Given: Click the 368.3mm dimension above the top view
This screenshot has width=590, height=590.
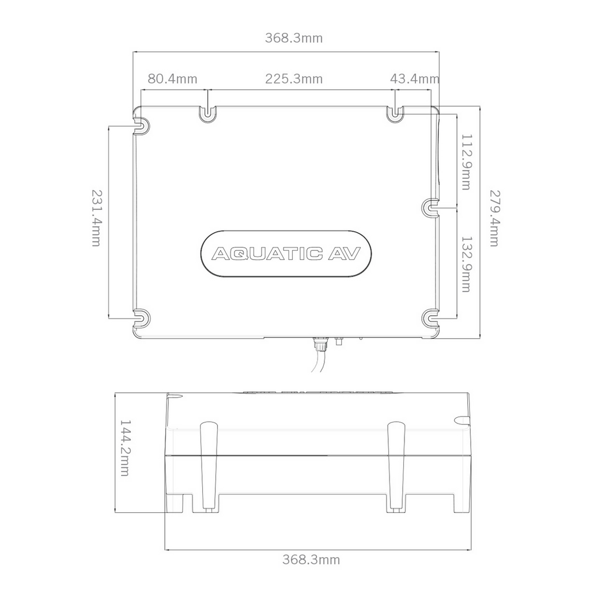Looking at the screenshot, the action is [294, 38].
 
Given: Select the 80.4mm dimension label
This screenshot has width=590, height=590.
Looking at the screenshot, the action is [172, 79].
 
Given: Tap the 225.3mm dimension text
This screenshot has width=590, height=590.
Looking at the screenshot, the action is [294, 79].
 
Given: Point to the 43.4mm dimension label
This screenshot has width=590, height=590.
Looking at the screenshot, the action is [414, 79].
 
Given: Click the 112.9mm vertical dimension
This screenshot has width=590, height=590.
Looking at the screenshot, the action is [466, 162].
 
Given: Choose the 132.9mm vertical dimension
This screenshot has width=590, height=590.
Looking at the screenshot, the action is [466, 264].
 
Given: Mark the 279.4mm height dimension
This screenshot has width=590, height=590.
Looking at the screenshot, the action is [494, 218].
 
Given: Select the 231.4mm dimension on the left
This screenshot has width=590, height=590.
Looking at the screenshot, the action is [96, 218].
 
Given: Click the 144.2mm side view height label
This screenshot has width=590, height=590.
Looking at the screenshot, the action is [124, 448].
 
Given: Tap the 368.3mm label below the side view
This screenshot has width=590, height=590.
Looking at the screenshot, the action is [311, 559].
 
